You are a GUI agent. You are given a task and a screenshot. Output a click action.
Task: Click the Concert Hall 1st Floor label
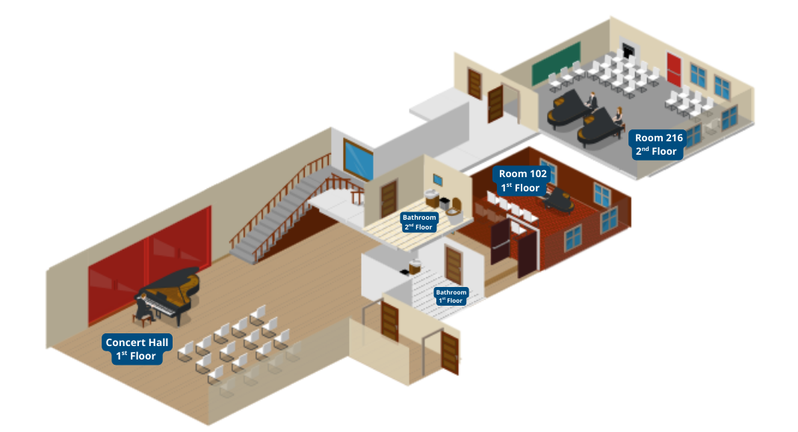pos(138,349)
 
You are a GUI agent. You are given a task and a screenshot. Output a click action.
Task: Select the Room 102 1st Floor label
pos(522,181)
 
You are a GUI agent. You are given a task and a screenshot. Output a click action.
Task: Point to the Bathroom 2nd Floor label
pos(418,222)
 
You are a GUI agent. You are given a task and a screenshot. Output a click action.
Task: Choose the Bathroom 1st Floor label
pos(451,296)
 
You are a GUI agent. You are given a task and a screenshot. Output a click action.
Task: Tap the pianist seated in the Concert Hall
pos(144,307)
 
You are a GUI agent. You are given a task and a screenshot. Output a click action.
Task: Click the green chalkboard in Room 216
pos(556,63)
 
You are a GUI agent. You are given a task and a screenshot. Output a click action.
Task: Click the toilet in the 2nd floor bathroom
pos(445,204)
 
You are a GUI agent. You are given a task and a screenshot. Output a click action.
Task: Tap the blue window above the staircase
pos(358,158)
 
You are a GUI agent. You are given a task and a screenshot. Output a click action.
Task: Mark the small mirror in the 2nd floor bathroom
pos(438,180)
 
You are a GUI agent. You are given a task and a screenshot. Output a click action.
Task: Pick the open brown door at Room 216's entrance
pos(495,104)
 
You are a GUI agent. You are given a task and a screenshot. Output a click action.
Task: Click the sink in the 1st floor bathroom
pos(412,266)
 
